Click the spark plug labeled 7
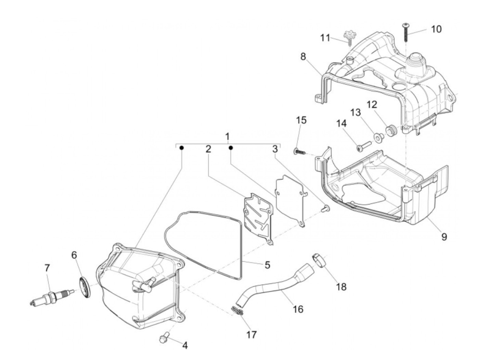[51, 296]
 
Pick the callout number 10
[436, 29]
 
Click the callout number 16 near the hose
[298, 309]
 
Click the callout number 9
[444, 236]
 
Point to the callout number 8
[303, 56]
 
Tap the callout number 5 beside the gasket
[267, 264]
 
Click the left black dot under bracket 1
[182, 148]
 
